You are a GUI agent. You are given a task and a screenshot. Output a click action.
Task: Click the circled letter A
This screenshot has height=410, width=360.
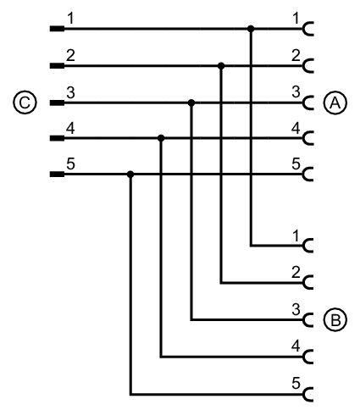[335, 102]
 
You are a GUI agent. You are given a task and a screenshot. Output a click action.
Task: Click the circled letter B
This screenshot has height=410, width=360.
[335, 320]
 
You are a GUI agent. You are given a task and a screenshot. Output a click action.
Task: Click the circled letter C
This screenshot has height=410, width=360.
[25, 102]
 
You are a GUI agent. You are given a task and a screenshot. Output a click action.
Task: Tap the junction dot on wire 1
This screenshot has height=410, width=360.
[251, 29]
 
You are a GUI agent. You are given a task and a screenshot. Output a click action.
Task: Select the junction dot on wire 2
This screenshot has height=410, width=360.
[221, 66]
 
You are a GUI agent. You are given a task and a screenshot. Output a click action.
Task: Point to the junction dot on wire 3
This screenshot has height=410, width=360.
[191, 102]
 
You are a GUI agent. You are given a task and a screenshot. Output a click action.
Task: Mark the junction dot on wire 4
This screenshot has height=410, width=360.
[161, 138]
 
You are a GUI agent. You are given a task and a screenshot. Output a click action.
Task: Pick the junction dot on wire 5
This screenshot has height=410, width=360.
[130, 175]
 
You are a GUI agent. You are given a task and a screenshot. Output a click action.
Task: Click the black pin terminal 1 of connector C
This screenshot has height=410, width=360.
[57, 29]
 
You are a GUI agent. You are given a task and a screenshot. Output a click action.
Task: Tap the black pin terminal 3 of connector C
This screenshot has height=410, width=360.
[57, 102]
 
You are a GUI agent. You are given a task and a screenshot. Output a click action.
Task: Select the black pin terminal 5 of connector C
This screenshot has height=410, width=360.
[57, 175]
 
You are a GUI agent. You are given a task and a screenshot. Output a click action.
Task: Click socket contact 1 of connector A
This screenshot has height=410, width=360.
[307, 29]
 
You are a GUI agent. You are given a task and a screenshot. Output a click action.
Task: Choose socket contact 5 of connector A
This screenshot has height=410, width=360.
[307, 175]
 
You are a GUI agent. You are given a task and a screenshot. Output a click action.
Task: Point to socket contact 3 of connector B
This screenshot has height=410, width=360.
[307, 320]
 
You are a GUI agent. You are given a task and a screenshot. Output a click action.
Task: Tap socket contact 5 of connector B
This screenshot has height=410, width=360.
[307, 394]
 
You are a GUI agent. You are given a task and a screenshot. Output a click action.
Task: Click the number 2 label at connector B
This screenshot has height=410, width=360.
[296, 273]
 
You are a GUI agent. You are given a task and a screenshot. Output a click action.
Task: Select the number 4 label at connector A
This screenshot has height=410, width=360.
[296, 129]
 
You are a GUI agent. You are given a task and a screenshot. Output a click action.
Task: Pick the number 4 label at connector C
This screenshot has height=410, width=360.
[70, 129]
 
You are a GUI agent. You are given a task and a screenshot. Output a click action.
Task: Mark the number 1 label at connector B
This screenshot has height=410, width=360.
[296, 235]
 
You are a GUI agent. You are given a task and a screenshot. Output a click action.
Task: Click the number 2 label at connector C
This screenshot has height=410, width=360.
[70, 55]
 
